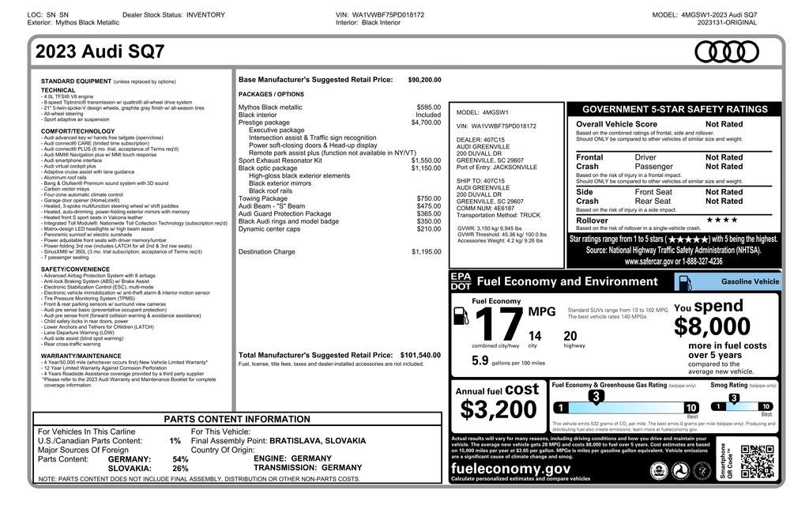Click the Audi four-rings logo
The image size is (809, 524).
pyautogui.click(x=726, y=52)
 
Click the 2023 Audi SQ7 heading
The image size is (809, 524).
pyautogui.click(x=100, y=53)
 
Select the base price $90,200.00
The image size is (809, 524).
pyautogui.click(x=424, y=80)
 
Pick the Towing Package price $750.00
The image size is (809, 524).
pyautogui.click(x=429, y=198)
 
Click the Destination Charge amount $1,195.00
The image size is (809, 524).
pyautogui.click(x=426, y=252)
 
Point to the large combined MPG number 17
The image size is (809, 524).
pyautogui.click(x=499, y=325)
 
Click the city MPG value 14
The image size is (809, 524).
pyautogui.click(x=535, y=336)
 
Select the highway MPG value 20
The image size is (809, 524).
pyautogui.click(x=570, y=336)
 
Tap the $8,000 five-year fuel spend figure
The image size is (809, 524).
pyautogui.click(x=712, y=326)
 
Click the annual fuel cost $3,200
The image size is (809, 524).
pyautogui.click(x=499, y=409)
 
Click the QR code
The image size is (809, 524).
pyautogui.click(x=756, y=462)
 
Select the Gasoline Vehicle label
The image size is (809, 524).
pyautogui.click(x=750, y=281)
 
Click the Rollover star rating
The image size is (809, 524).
pyautogui.click(x=722, y=220)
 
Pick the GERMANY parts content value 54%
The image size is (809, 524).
pyautogui.click(x=180, y=459)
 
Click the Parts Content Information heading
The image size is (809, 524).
pyautogui.click(x=237, y=419)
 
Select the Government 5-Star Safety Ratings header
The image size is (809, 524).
pyautogui.click(x=674, y=110)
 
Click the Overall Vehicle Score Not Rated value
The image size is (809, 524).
pyautogui.click(x=724, y=124)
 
